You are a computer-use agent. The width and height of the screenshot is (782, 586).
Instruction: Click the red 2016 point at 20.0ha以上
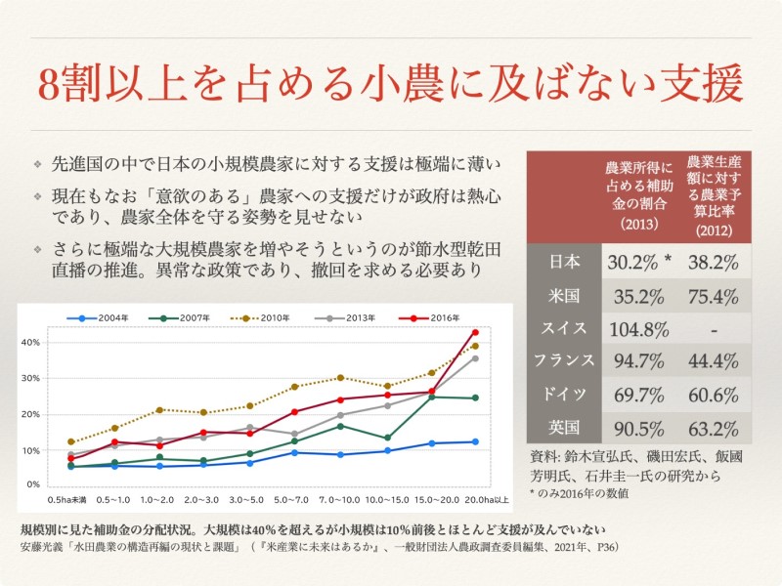tap(475, 332)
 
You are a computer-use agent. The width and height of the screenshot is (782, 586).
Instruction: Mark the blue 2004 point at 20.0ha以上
tap(475, 441)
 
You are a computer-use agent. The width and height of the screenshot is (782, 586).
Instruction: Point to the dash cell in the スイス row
tap(714, 328)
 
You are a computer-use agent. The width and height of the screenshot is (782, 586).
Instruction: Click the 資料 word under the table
tap(543, 455)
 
